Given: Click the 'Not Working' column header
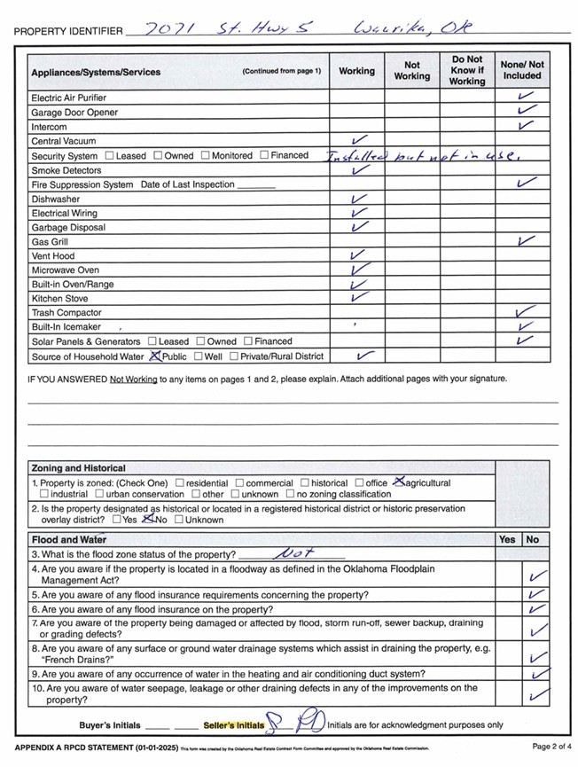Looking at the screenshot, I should [412, 71].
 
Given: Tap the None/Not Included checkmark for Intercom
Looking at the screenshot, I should [527, 126].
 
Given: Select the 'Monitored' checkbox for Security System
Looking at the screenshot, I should [206, 156].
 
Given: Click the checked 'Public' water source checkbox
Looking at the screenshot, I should [156, 356].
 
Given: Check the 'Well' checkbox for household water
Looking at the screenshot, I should [197, 356].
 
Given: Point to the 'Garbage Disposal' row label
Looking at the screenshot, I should [68, 228].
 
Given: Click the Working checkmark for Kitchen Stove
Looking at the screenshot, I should [358, 298].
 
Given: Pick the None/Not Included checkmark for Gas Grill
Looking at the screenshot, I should [527, 241].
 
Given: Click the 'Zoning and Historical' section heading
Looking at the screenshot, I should [78, 468].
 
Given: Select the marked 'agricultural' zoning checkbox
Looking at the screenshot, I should [398, 482].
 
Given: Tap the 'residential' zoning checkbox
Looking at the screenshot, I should [179, 483].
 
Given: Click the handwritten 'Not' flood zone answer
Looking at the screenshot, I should [293, 553].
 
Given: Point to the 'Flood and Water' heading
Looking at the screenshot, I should [69, 539].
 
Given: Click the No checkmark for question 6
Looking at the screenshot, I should [535, 610].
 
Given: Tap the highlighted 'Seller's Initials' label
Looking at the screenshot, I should [233, 725].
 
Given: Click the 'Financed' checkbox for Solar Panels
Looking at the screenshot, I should [248, 341].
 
